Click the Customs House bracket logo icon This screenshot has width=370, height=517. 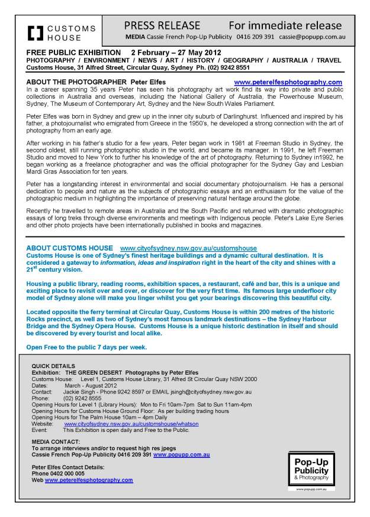[36, 32]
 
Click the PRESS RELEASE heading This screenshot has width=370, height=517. [162, 25]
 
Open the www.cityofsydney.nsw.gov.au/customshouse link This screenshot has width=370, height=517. [188, 248]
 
